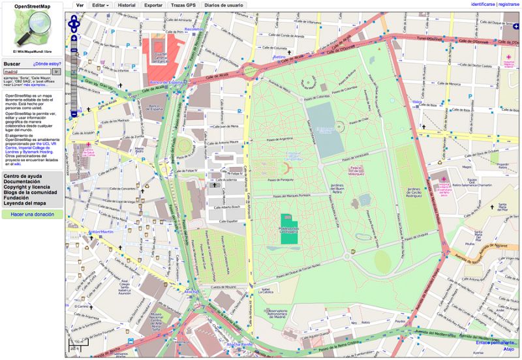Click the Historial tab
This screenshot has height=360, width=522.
[x=127, y=5]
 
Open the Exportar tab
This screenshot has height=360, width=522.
[x=153, y=5]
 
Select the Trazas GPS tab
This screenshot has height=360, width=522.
[x=183, y=5]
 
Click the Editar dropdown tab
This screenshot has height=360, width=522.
[x=100, y=5]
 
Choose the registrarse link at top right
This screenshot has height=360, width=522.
[x=509, y=4]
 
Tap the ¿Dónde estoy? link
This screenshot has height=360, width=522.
[x=47, y=64]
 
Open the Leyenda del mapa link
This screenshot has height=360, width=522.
[x=25, y=203]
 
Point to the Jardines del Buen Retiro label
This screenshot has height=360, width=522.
[x=337, y=190]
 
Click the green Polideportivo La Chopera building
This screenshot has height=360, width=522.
[x=287, y=230]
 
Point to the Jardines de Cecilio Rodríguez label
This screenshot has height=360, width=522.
[x=416, y=193]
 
